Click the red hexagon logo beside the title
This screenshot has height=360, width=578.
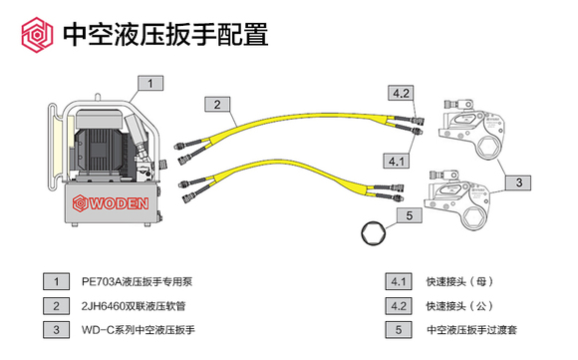pyautogui.click(x=33, y=35)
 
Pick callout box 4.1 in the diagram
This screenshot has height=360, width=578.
pyautogui.click(x=397, y=160)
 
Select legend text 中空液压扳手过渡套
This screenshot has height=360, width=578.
pyautogui.click(x=471, y=328)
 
